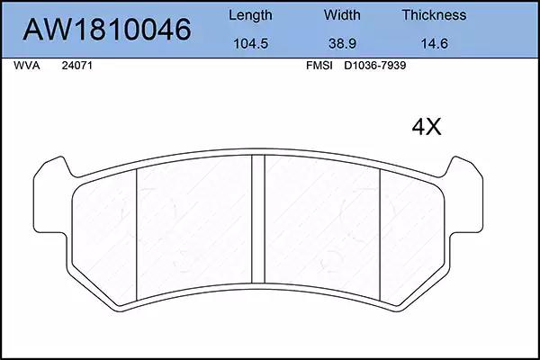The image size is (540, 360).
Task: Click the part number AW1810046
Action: pyautogui.click(x=107, y=30)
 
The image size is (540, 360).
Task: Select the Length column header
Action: pyautogui.click(x=250, y=15)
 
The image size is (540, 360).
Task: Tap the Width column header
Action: pyautogui.click(x=342, y=15)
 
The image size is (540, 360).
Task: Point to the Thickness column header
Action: pyautogui.click(x=434, y=15)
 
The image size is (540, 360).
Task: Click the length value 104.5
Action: pyautogui.click(x=251, y=44)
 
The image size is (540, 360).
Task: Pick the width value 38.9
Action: pyautogui.click(x=342, y=44)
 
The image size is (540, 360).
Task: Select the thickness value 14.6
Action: pyautogui.click(x=435, y=44)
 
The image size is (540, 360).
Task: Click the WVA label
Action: pyautogui.click(x=27, y=66)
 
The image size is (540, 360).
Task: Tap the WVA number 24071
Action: pyautogui.click(x=77, y=66)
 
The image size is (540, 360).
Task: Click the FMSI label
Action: pyautogui.click(x=319, y=66)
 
